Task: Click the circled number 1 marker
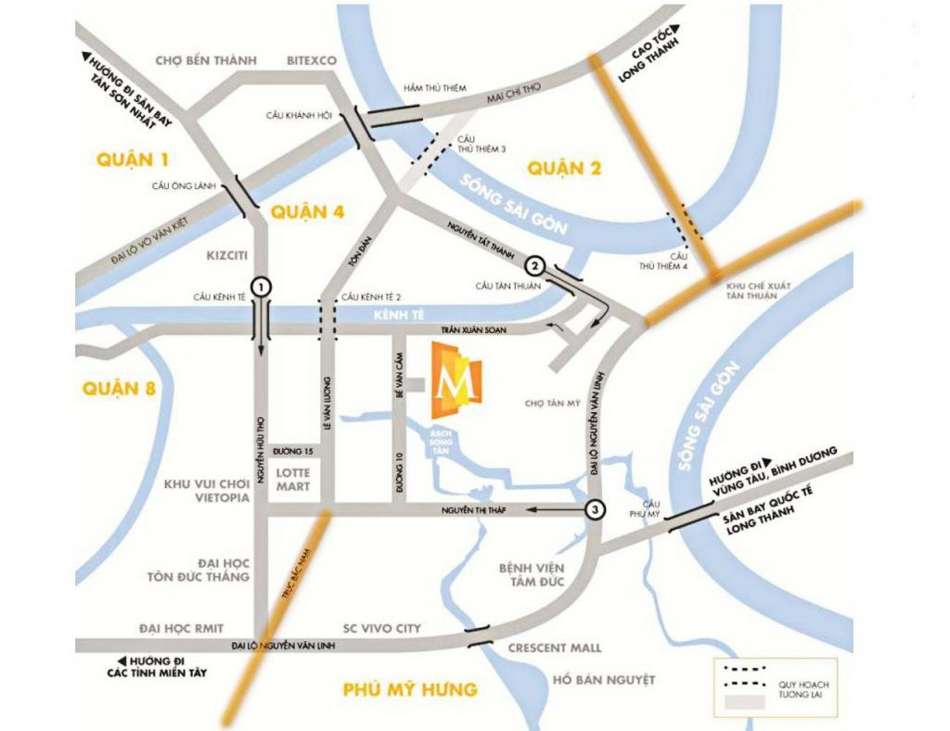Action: point(263,287)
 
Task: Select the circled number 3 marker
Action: point(596,509)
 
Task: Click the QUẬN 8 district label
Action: point(119,388)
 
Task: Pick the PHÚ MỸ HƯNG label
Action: point(409,689)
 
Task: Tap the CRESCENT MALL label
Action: point(555,648)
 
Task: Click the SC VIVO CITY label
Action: point(381,628)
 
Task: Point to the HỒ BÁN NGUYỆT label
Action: point(603,680)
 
